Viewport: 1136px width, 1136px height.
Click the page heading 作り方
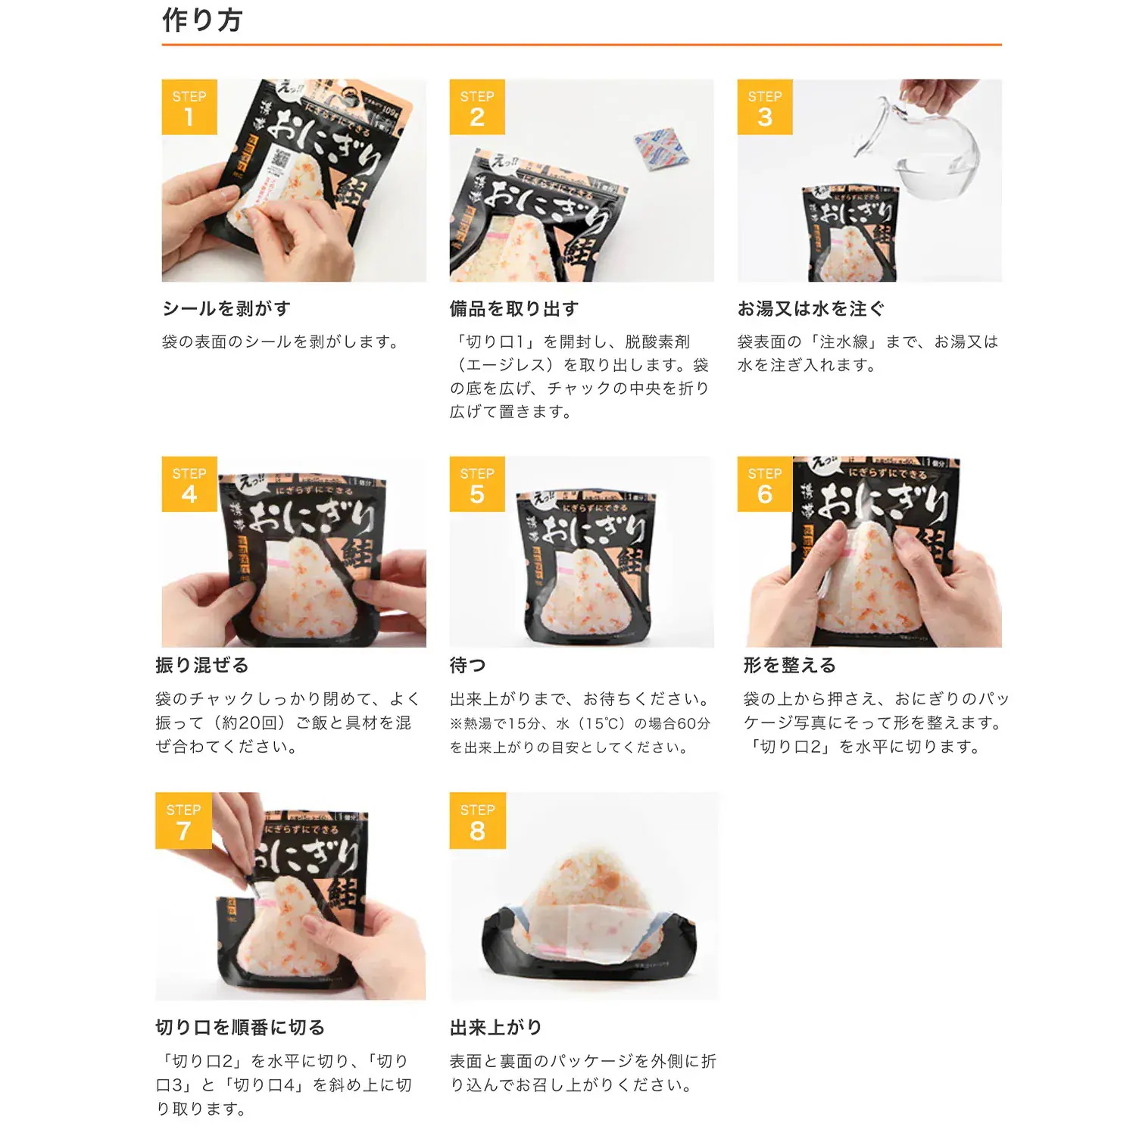202,20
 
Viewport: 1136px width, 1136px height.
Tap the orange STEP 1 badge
189,108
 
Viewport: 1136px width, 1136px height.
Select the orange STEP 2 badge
477,108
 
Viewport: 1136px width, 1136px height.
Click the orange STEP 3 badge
765,108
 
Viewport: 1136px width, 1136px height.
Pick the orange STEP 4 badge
189,485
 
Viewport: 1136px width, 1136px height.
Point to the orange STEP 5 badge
477,485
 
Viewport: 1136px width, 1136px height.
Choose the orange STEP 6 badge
765,485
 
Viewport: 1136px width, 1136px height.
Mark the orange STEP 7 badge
183,821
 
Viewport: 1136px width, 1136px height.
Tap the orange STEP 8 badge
477,821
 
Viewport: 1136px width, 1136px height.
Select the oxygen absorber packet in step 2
660,148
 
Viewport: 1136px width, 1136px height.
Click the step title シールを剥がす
226,309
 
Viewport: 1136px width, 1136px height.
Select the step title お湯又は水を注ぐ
811,309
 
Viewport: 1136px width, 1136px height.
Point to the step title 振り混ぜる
202,666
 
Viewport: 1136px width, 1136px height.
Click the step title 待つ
468,666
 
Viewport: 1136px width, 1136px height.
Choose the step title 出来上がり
496,1028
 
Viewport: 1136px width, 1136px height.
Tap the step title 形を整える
790,666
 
